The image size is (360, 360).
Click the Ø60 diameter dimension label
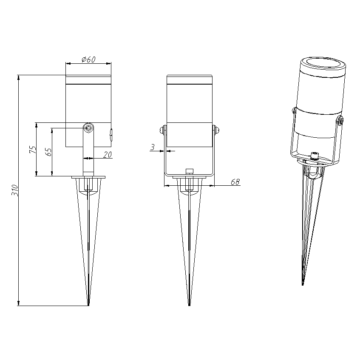(88, 60)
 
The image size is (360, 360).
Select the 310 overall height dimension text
(15, 190)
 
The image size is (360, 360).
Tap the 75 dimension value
(33, 150)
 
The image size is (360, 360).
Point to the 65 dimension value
(49, 152)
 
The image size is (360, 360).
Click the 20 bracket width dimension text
(107, 155)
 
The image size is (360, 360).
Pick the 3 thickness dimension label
(153, 147)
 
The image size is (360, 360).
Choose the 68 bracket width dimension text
(235, 182)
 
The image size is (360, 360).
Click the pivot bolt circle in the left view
(88, 128)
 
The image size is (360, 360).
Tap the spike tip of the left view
(88, 305)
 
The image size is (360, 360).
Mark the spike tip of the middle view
(189, 305)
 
